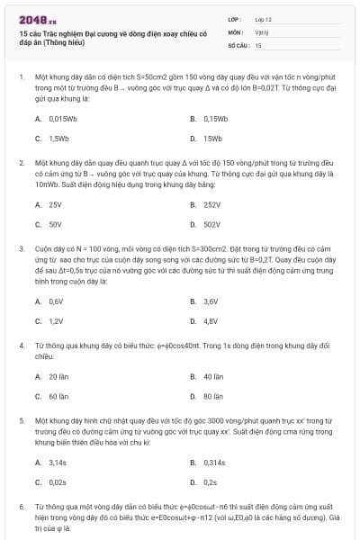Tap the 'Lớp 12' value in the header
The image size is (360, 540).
point(264,19)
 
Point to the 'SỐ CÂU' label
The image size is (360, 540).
point(238,43)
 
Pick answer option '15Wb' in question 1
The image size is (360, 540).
point(212,138)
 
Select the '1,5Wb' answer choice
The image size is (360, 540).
point(58,138)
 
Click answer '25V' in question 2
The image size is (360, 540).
point(55,204)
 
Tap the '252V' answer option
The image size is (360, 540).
point(211,204)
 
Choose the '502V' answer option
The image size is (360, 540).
point(211,224)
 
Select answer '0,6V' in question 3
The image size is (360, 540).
point(56,301)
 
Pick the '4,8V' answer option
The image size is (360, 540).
point(211,320)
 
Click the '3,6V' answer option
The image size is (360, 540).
point(211,301)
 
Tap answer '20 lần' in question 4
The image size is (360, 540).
point(58,376)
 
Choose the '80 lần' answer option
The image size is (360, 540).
point(213,396)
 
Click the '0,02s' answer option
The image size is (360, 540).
point(58,481)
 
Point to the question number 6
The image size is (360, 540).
point(21,508)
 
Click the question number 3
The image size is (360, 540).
point(21,247)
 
